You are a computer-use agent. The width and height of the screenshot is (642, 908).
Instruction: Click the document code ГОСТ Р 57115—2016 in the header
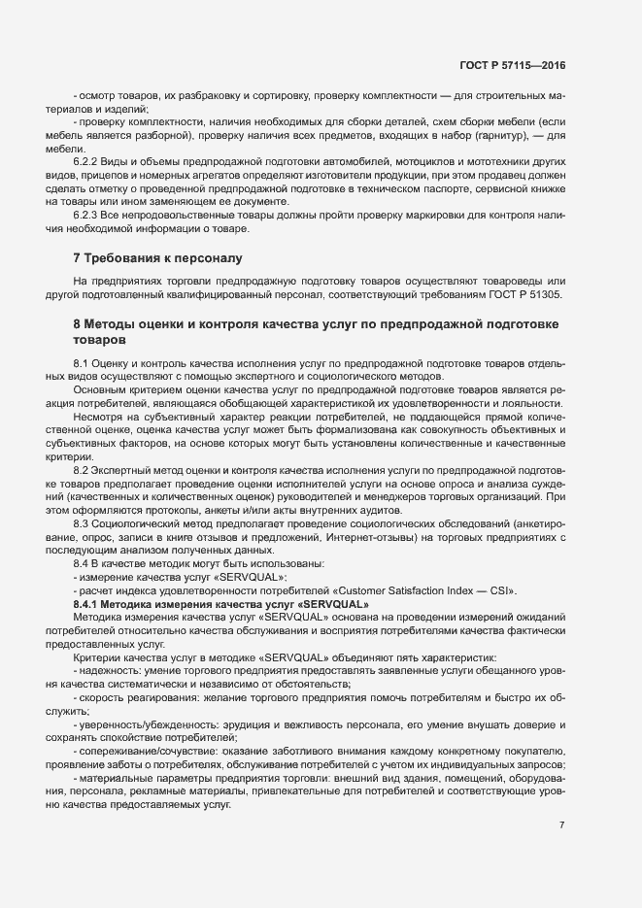[513, 65]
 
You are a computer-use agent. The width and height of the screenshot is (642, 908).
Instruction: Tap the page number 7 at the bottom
[561, 826]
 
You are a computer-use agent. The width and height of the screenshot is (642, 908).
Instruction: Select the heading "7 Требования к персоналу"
[157, 258]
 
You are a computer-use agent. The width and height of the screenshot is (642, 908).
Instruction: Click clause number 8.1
[84, 363]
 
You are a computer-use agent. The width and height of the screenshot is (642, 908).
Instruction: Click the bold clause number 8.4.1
[90, 603]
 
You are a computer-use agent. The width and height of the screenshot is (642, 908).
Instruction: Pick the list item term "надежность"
[106, 670]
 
